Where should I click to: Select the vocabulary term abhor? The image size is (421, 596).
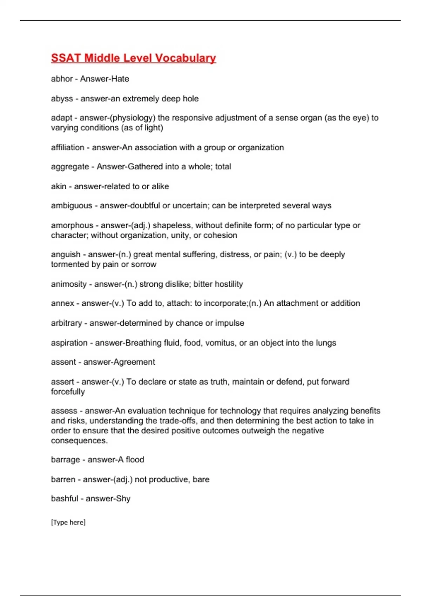62,79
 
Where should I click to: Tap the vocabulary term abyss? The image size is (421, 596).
62,99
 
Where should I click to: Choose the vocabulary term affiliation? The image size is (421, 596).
67,148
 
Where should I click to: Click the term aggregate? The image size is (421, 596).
70,167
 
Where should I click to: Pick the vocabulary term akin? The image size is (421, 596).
59,187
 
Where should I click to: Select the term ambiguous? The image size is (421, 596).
72,206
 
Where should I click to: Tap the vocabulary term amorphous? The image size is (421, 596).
72,225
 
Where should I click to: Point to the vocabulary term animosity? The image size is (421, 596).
69,284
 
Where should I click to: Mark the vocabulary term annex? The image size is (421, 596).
62,303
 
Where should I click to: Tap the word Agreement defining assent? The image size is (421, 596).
134,362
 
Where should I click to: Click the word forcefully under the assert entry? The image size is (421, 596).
68,392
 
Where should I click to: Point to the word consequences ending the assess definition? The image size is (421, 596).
79,441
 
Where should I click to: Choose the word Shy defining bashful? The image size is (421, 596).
123,499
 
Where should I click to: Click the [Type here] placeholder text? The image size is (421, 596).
68,522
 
